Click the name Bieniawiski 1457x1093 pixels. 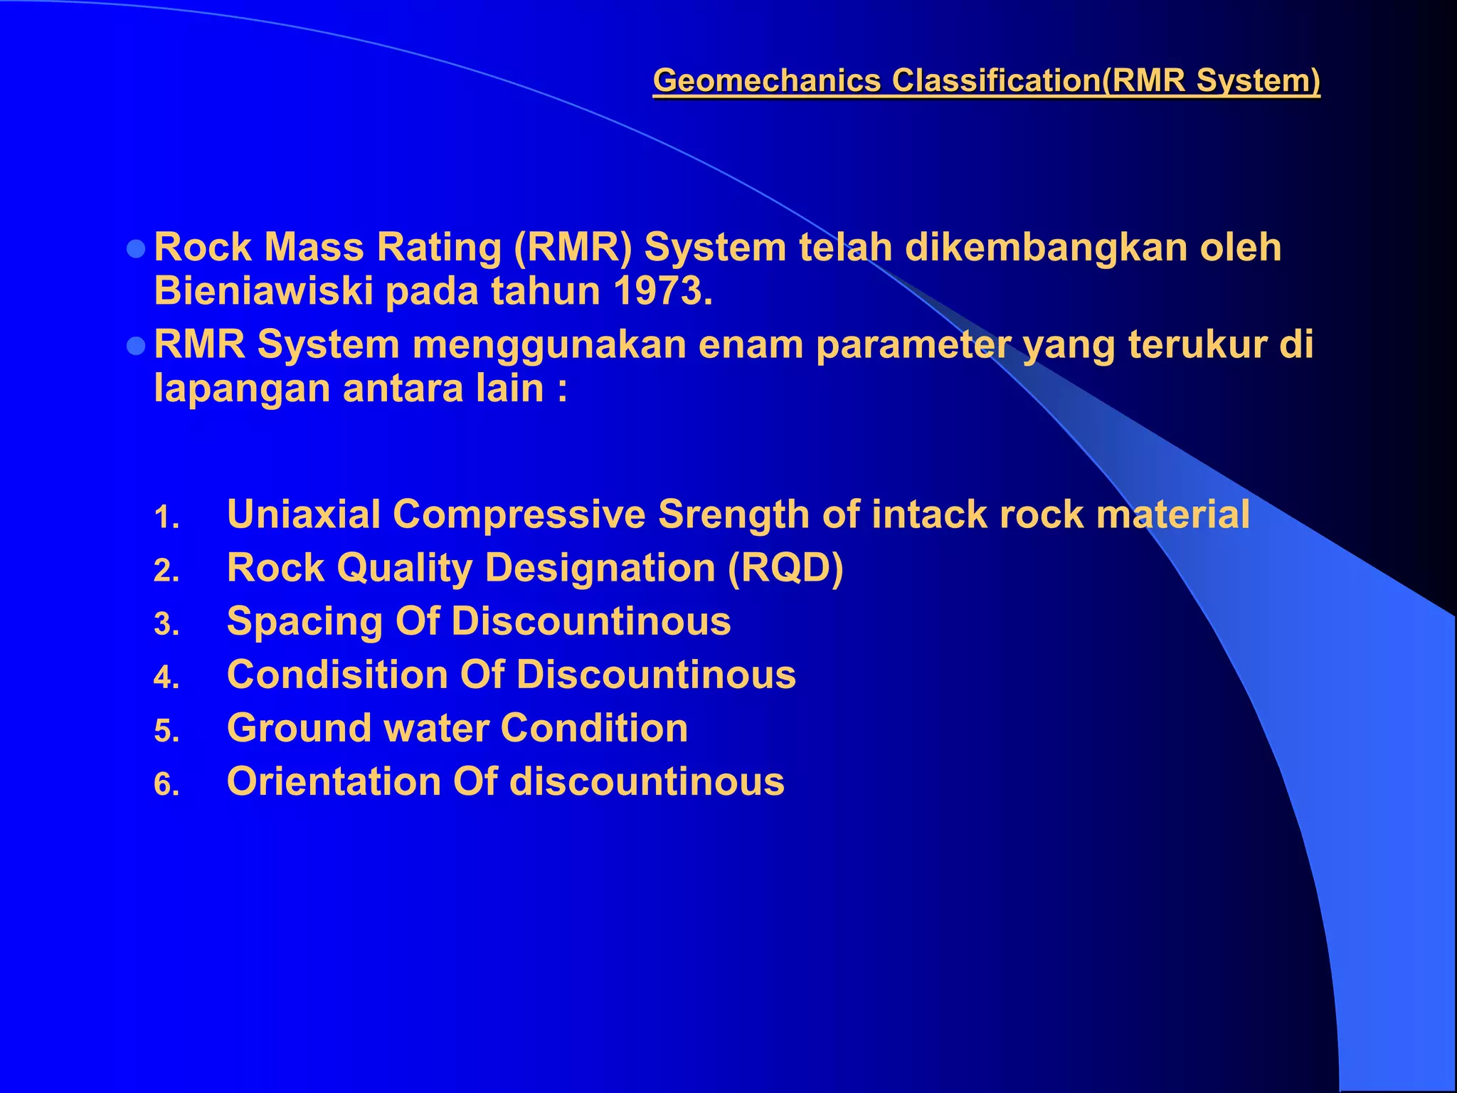tap(263, 291)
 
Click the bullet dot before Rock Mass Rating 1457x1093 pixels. tap(135, 248)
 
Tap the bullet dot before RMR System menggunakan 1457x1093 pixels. tap(135, 346)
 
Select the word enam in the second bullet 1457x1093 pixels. tap(750, 344)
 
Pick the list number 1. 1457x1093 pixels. tap(166, 517)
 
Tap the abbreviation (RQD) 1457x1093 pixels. tap(785, 568)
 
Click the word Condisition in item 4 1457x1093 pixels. tap(337, 674)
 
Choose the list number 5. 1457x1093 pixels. tap(166, 732)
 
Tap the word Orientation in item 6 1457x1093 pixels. tap(334, 781)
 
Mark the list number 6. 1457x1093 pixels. tap(166, 785)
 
